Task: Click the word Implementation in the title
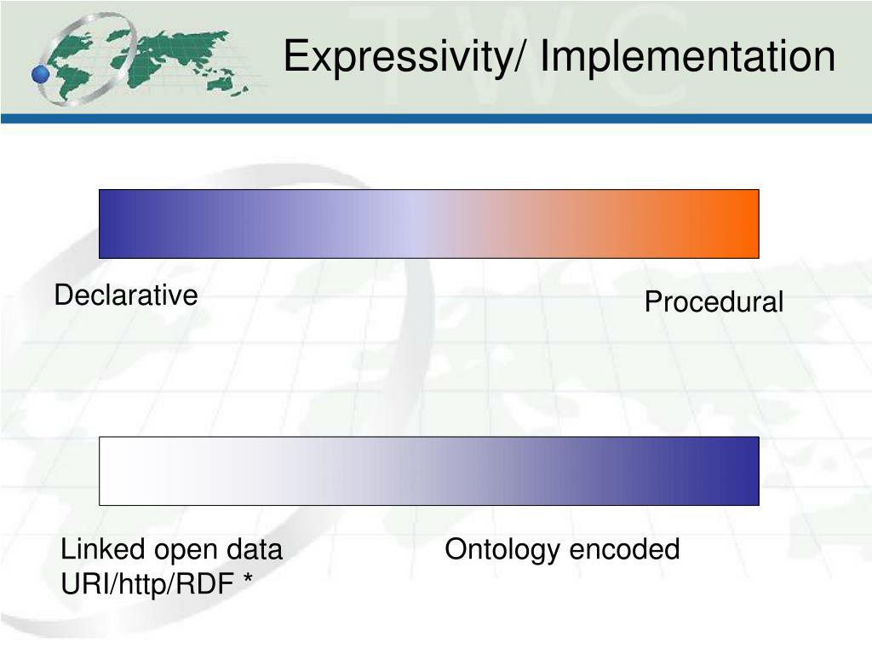[688, 57]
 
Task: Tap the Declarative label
[126, 295]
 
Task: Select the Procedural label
[714, 302]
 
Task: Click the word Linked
[103, 549]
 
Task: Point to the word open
[185, 551]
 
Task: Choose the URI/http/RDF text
[146, 584]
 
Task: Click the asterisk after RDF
[248, 578]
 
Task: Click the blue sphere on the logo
[41, 74]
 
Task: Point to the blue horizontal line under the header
[436, 118]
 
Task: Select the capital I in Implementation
[546, 55]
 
